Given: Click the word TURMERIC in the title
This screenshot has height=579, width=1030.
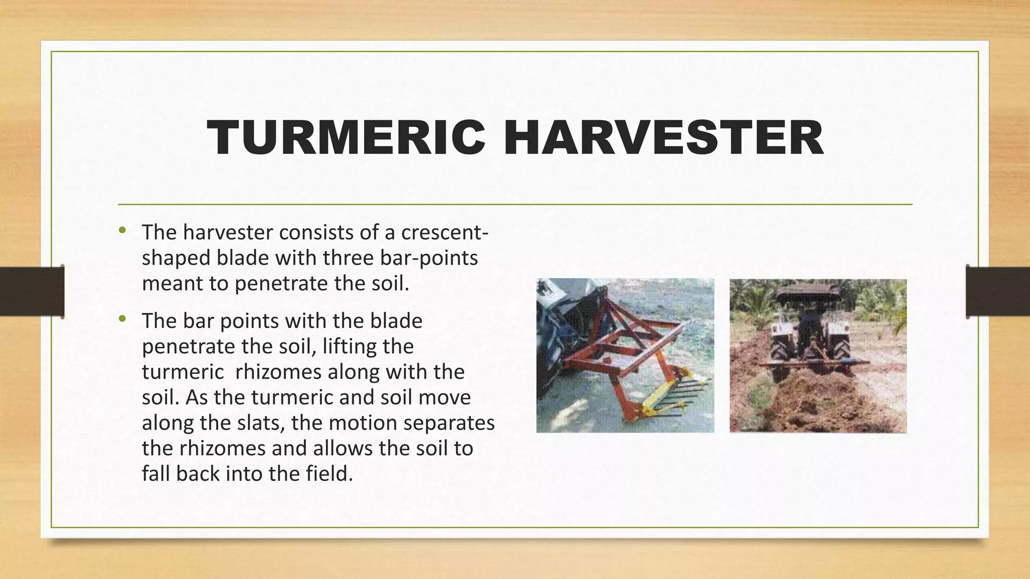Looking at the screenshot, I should (x=346, y=138).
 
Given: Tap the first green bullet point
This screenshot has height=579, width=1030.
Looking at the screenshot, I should (x=122, y=231).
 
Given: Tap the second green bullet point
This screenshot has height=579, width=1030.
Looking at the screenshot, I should (x=122, y=319).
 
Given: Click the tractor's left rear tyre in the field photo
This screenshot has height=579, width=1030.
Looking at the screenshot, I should (x=780, y=347).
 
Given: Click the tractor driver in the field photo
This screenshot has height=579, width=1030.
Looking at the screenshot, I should (x=810, y=322).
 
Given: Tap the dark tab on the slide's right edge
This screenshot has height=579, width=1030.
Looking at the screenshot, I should (x=998, y=292).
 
